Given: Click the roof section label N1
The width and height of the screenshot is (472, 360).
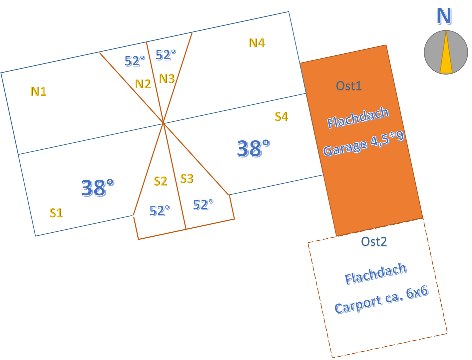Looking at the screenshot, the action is click(39, 91).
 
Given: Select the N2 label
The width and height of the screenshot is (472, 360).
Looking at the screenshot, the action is click(143, 84).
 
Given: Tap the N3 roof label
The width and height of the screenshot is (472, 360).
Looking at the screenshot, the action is click(167, 79).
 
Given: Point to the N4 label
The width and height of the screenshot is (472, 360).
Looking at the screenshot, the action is click(256, 43).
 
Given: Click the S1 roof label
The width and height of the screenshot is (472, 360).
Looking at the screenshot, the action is click(56, 213).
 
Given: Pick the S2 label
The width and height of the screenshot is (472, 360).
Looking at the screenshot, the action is click(161, 181).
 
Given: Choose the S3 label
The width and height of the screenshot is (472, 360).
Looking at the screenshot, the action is click(187, 179).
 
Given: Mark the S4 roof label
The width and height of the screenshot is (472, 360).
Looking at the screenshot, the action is click(281, 117).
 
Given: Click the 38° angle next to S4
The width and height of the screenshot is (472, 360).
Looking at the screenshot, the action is click(253, 148).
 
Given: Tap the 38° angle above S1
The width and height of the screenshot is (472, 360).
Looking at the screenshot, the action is click(98, 188).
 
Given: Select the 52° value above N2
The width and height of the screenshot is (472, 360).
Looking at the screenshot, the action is click(135, 61).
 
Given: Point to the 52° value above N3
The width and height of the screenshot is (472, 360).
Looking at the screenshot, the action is click(166, 55).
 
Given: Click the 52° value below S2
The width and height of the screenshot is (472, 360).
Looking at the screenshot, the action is click(160, 210).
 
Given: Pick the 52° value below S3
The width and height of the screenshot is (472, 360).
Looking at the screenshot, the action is click(203, 204).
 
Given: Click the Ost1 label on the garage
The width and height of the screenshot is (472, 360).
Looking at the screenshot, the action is click(348, 86).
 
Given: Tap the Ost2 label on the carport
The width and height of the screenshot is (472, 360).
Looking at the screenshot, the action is click(374, 241).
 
